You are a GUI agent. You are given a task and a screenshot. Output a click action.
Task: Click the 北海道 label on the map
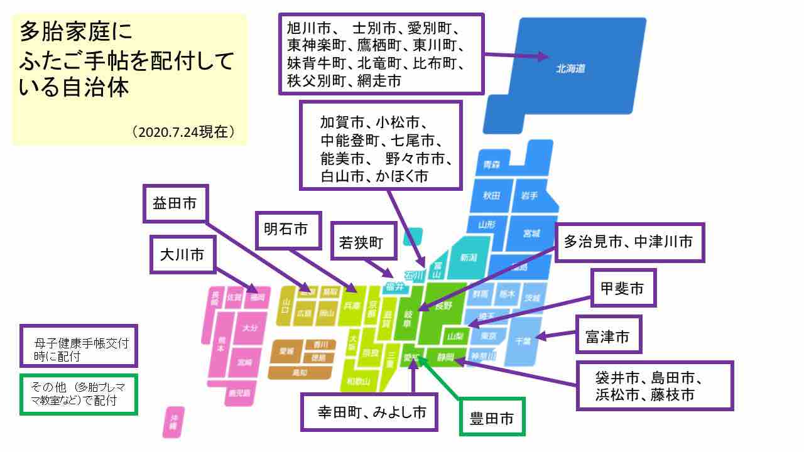[570, 69]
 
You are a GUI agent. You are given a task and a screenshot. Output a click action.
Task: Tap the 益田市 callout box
[175, 203]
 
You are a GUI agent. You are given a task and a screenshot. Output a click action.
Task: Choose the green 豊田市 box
[492, 418]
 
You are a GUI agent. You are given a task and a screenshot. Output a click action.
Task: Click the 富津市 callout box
[607, 338]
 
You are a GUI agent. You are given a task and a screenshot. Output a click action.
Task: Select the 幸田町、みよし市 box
[368, 412]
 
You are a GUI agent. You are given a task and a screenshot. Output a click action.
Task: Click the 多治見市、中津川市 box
[629, 242]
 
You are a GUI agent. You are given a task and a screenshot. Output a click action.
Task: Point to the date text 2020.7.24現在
[183, 132]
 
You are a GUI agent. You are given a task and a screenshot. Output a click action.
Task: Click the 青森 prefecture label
[492, 165]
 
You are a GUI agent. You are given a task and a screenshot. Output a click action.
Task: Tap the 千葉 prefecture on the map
[523, 341]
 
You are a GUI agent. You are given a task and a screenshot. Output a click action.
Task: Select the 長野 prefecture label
[443, 306]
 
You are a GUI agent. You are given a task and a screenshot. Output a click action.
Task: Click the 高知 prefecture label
[300, 372]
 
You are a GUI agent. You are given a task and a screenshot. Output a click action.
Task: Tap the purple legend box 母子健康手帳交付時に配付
[78, 345]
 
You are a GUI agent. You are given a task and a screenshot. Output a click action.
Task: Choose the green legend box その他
[78, 395]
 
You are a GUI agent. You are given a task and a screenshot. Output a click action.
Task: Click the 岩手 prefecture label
[529, 196]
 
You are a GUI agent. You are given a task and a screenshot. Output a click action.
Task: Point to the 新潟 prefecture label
[469, 257]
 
